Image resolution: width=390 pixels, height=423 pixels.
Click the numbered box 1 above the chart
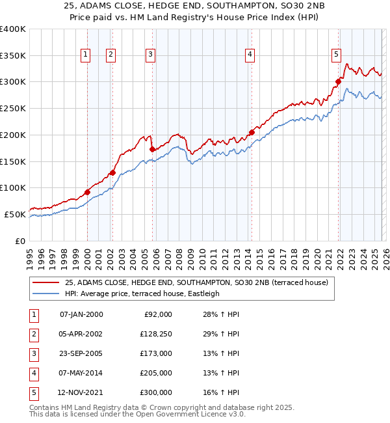click(x=86, y=55)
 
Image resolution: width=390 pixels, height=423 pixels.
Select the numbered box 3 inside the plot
click(x=150, y=55)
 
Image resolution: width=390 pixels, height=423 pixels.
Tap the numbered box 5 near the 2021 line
click(x=336, y=55)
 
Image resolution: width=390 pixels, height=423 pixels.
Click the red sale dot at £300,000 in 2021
click(x=339, y=81)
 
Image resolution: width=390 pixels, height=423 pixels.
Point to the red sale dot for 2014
click(x=252, y=132)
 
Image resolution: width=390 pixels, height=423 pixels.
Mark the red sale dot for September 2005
click(x=152, y=149)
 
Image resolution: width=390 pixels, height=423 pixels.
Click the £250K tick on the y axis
click(x=12, y=108)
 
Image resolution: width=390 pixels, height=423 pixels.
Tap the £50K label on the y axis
click(x=15, y=214)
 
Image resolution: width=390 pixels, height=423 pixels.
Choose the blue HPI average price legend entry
click(x=142, y=293)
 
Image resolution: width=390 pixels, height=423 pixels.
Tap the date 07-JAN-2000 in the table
click(x=81, y=314)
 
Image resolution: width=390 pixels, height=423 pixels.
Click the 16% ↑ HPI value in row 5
click(x=216, y=392)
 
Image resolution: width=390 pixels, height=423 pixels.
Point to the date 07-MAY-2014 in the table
click(x=81, y=373)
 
